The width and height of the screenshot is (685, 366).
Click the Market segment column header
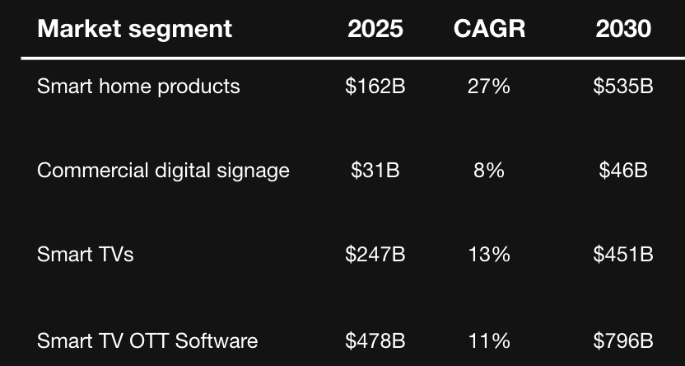(x=135, y=29)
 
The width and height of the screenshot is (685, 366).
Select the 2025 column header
(x=375, y=29)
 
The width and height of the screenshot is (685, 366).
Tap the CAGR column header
(x=489, y=29)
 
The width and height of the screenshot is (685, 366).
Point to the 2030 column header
(x=623, y=29)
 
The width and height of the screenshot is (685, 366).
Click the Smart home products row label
(x=138, y=86)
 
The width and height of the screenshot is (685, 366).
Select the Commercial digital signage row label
(x=163, y=171)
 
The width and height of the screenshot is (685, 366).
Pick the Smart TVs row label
(x=85, y=255)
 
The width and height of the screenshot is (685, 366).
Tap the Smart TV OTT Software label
(x=147, y=340)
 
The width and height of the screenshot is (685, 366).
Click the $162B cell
(x=375, y=86)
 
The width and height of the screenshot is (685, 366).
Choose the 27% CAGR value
(x=489, y=86)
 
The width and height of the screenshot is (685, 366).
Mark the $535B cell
(x=623, y=86)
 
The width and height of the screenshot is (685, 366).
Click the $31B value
(x=375, y=171)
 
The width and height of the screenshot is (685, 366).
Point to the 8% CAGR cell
(x=489, y=171)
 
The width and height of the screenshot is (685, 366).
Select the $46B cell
(x=623, y=171)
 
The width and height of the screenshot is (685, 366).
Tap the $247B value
(x=375, y=255)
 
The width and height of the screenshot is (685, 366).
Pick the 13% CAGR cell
(x=489, y=255)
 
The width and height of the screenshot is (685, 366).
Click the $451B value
(x=623, y=255)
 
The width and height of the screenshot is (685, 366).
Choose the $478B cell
(x=375, y=340)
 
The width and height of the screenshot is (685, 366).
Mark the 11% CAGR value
(x=489, y=340)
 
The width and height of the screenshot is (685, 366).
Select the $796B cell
(x=623, y=340)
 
